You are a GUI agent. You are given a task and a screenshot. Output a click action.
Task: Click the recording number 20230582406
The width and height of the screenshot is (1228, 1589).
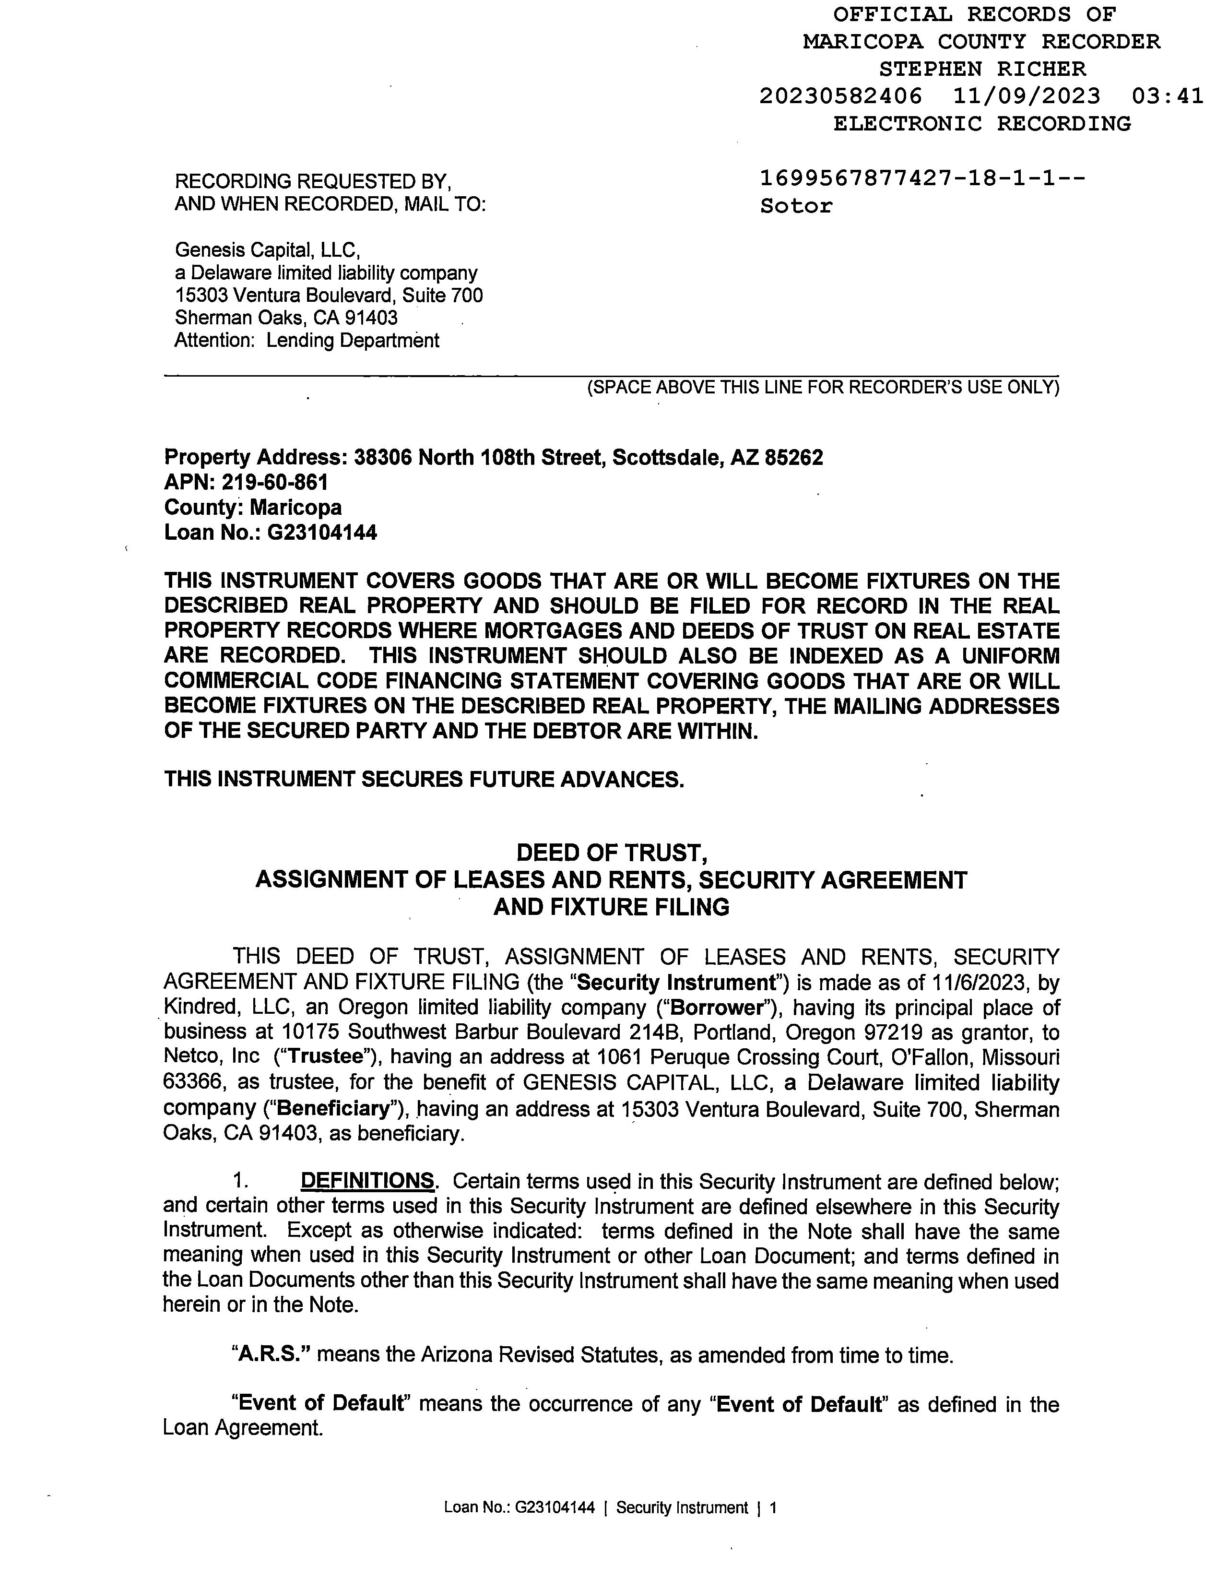840,96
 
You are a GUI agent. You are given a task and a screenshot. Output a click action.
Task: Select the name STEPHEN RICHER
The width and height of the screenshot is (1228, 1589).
982,69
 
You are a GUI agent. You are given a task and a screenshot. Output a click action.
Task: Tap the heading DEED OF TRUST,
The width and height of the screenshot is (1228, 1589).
611,852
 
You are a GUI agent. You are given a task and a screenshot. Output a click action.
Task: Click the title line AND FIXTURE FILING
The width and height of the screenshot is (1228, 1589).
611,907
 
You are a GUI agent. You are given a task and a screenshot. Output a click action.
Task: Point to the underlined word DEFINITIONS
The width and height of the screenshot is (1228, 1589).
367,1180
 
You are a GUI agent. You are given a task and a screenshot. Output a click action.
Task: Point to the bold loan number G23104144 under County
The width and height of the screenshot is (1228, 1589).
322,533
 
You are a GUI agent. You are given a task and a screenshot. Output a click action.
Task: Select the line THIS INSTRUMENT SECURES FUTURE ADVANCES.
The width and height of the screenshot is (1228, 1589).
424,779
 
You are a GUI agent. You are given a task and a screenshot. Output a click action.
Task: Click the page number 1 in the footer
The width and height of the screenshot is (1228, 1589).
773,1508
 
